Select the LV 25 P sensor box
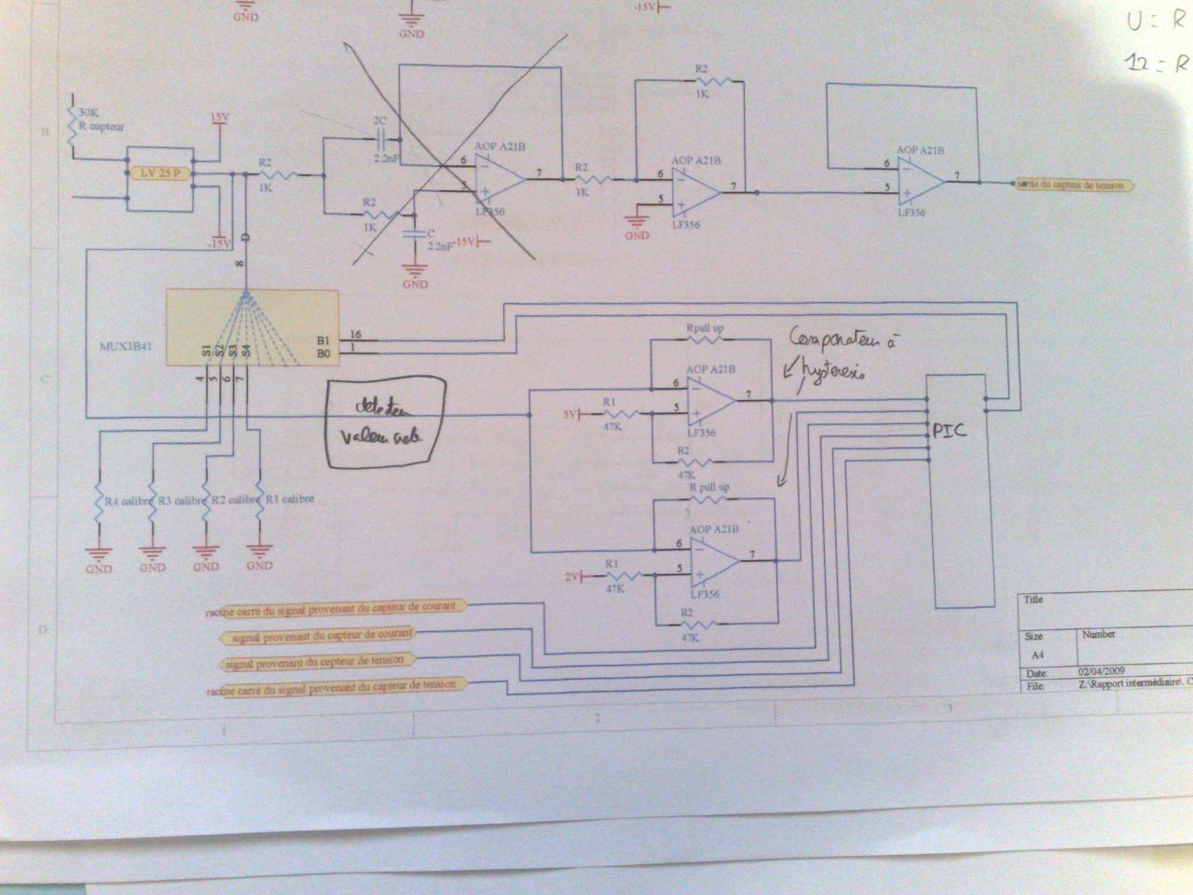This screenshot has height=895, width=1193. [159, 174]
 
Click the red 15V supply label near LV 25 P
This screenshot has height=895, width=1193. [219, 117]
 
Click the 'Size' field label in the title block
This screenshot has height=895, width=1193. [1034, 637]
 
